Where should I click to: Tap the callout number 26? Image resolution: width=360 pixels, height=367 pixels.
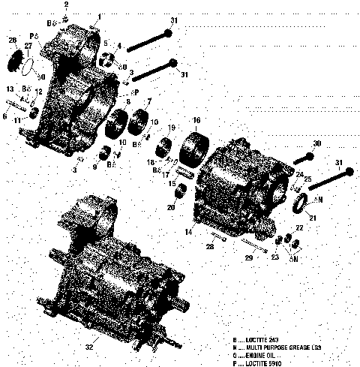coord(12,41)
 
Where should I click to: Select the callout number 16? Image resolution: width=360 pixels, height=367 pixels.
coord(196,120)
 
